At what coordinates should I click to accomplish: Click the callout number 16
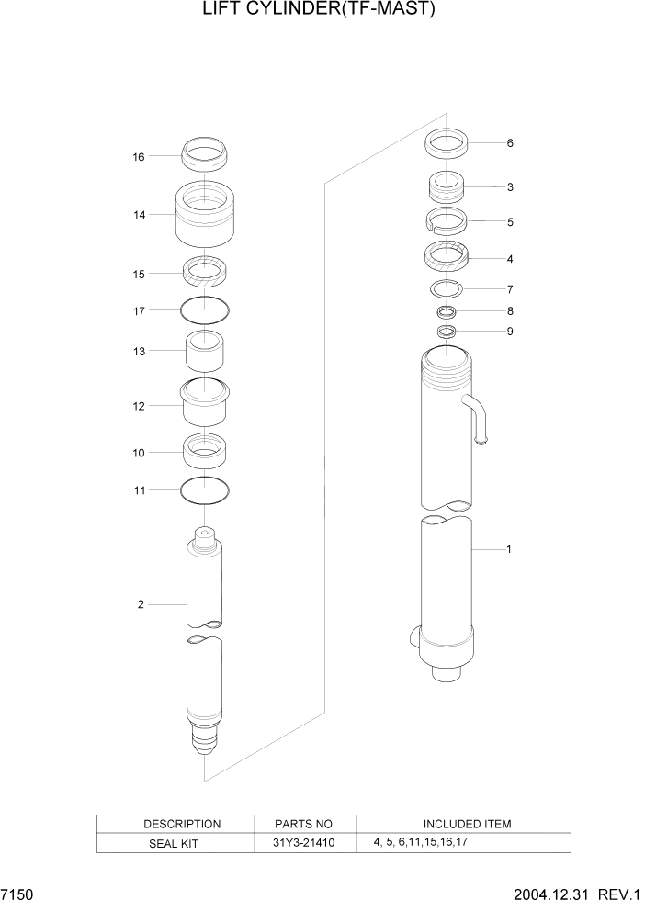pyautogui.click(x=139, y=157)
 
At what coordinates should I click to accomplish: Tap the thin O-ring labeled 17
pyautogui.click(x=205, y=310)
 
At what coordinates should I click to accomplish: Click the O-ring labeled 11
pyautogui.click(x=205, y=491)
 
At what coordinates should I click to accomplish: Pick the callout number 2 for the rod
pyautogui.click(x=141, y=604)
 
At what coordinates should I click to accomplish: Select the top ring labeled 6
pyautogui.click(x=447, y=144)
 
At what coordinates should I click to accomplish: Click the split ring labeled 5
pyautogui.click(x=447, y=221)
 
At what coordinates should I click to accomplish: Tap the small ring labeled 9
pyautogui.click(x=447, y=332)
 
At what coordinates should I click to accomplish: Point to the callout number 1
pyautogui.click(x=508, y=550)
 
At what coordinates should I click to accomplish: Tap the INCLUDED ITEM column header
pyautogui.click(x=467, y=824)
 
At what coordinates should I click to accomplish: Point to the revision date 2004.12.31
pyautogui.click(x=555, y=894)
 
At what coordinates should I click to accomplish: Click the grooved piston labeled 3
pyautogui.click(x=447, y=188)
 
